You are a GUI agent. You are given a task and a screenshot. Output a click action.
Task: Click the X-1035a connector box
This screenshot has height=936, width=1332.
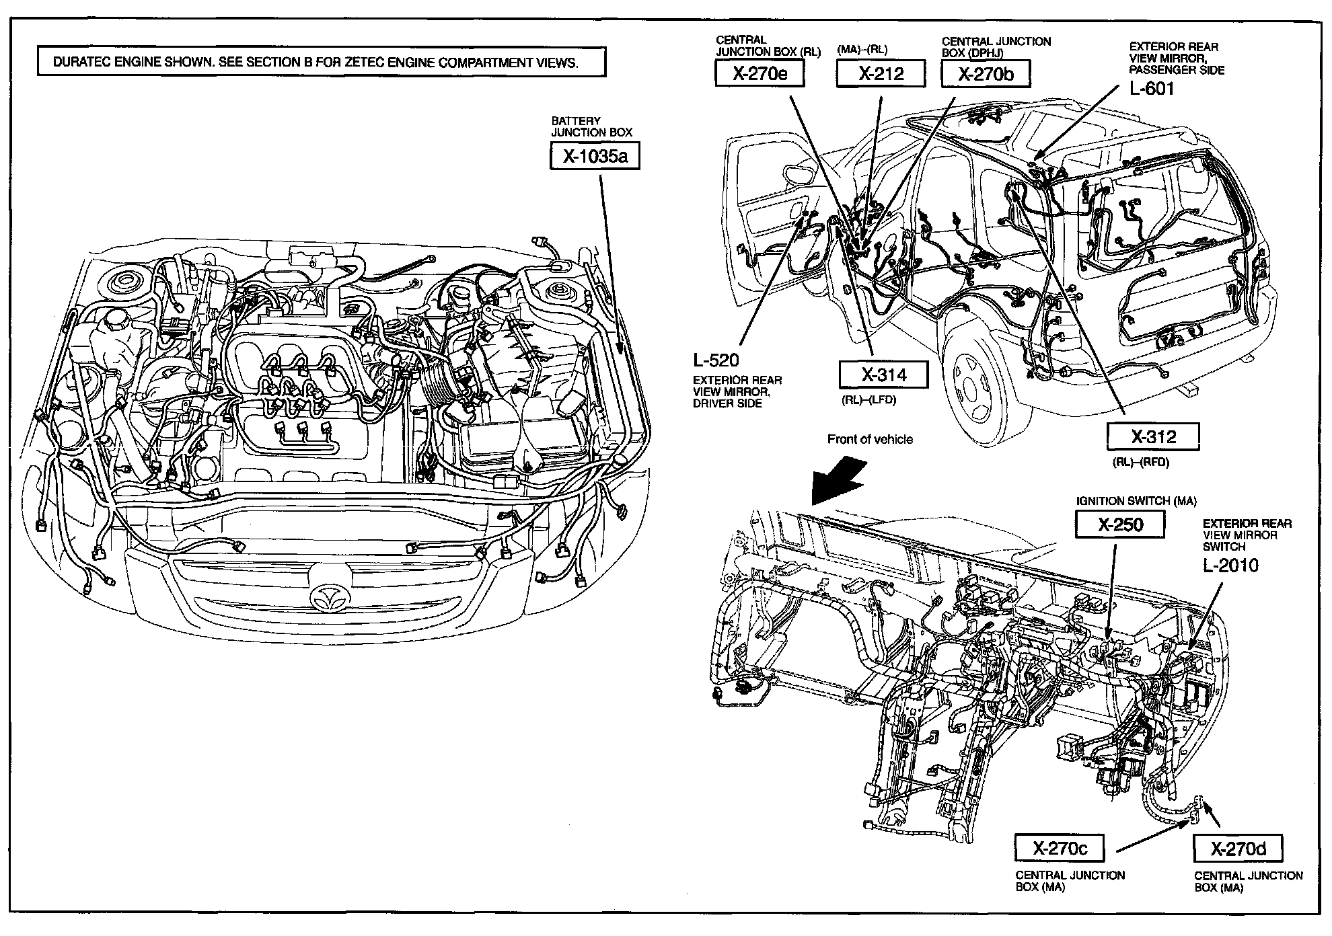click(x=594, y=157)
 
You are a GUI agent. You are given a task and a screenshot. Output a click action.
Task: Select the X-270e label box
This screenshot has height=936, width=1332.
click(x=760, y=74)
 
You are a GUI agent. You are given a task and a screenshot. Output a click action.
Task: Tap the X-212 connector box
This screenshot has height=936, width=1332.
click(x=881, y=74)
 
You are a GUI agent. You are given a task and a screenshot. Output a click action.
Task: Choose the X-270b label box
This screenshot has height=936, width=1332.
click(x=986, y=74)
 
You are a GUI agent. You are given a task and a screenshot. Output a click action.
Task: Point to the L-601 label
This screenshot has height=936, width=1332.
click(x=1152, y=88)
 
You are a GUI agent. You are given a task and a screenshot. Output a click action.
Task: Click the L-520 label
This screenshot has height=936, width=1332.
click(x=716, y=360)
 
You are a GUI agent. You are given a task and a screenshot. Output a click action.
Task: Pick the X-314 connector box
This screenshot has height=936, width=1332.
click(x=883, y=375)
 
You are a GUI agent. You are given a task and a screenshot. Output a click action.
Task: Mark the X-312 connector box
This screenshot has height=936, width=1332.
click(x=1153, y=437)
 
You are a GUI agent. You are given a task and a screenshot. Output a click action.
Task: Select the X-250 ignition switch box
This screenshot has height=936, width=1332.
click(x=1119, y=524)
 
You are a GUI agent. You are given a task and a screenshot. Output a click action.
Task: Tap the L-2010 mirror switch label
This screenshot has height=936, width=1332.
click(x=1230, y=565)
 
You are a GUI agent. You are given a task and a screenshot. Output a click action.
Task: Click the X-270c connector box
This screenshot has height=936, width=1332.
click(x=1060, y=849)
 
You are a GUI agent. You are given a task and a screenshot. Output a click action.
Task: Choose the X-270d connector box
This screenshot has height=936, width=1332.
click(x=1238, y=849)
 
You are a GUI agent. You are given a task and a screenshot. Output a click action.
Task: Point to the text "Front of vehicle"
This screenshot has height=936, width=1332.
click(x=870, y=440)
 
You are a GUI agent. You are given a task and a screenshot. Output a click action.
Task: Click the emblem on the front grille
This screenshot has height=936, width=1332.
click(x=330, y=594)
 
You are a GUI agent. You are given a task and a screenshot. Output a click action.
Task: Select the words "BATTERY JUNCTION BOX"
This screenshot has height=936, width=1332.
click(x=591, y=126)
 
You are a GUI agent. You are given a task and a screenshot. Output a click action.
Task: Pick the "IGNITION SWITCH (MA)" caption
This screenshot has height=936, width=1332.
click(x=1136, y=501)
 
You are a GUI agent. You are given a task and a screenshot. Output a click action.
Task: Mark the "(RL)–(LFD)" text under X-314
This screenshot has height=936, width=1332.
click(x=868, y=400)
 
